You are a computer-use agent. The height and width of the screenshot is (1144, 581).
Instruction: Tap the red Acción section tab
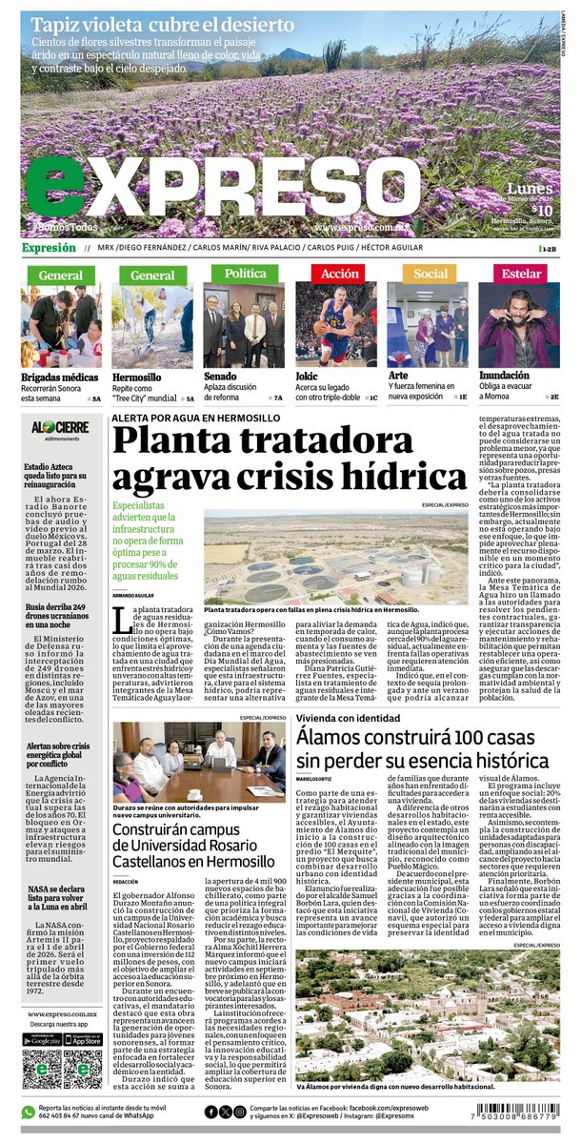[340, 274]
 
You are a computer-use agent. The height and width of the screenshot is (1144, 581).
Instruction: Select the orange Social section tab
[430, 274]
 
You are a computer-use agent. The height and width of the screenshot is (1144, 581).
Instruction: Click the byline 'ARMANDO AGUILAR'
[134, 595]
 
